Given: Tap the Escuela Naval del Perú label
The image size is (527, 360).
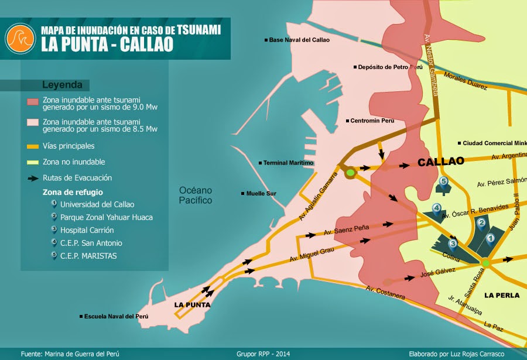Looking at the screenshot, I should (114, 316).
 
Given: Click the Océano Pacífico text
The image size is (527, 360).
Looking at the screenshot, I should (196, 196).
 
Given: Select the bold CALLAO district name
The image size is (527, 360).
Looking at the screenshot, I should (440, 161).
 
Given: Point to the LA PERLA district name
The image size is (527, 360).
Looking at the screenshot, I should (502, 295).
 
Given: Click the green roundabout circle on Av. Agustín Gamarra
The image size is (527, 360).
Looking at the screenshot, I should (350, 173).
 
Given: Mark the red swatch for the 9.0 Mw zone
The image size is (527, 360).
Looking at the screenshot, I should (33, 102).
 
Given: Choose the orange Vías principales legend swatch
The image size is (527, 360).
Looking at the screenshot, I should (33, 146).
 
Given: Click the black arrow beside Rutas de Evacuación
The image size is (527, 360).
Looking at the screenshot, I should (33, 178).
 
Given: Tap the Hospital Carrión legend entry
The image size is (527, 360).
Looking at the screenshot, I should (87, 230).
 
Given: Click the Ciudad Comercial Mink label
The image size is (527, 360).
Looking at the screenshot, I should (493, 143).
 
